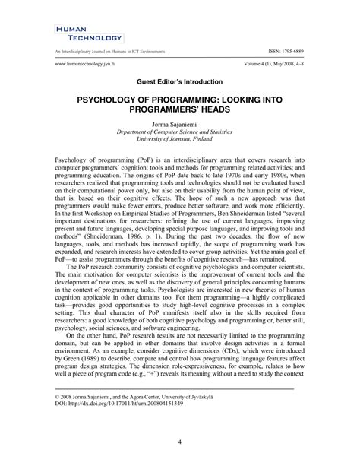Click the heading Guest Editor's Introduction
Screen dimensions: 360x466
click(179, 80)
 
